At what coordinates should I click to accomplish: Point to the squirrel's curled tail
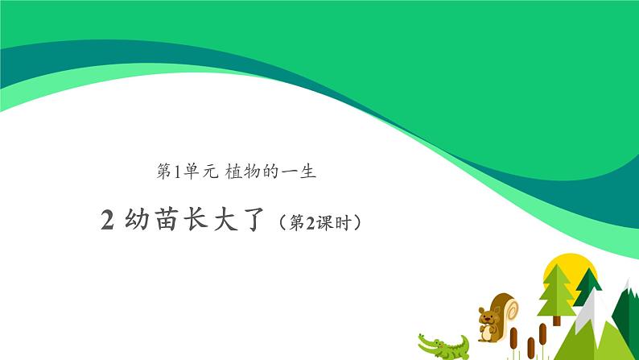505,305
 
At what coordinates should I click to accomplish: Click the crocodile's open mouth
426,339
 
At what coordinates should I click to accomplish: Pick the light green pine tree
556,290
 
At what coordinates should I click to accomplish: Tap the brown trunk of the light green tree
556,320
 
